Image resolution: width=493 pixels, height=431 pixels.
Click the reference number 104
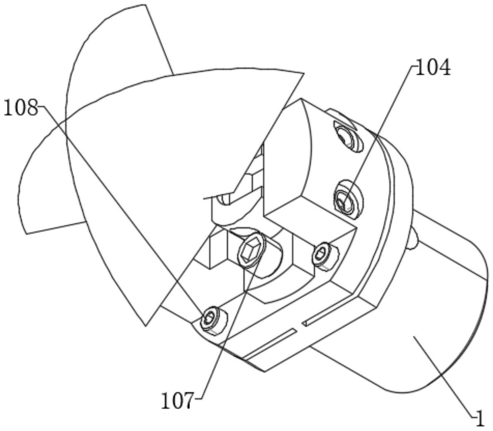click(433, 68)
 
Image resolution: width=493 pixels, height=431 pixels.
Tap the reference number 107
click(177, 401)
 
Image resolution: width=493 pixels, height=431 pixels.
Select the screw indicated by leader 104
click(346, 199)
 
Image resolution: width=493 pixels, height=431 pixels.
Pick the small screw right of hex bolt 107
click(322, 254)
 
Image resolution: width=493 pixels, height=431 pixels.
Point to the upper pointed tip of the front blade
click(303, 74)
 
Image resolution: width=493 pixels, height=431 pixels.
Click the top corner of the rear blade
click(145, 5)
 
